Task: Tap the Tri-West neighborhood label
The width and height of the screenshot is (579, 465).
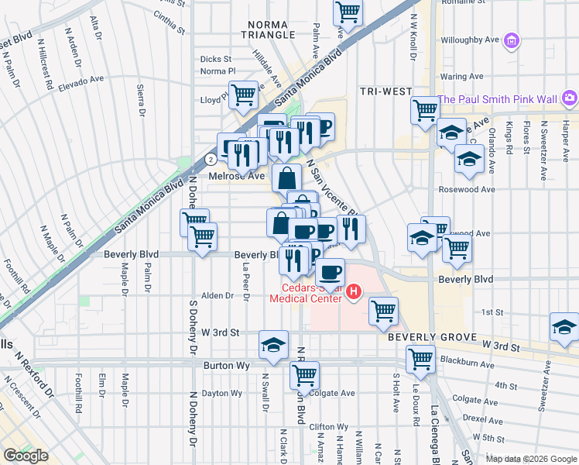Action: coord(385,91)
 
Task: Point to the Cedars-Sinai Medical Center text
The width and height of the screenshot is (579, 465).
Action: coord(306,291)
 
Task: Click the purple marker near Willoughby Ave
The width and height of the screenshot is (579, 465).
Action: coord(511,40)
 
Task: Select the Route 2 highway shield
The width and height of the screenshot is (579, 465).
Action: coord(211,159)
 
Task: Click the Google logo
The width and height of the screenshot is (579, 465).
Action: coord(26,456)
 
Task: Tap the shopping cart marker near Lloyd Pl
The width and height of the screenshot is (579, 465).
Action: coord(244,95)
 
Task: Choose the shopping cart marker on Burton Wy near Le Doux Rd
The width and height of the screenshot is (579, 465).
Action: coord(420,358)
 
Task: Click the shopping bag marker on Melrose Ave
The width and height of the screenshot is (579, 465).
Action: coord(286,177)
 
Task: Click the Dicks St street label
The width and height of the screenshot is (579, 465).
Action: coord(215,59)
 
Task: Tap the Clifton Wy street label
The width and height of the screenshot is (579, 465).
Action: coord(328,426)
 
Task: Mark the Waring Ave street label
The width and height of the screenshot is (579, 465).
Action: coord(457,77)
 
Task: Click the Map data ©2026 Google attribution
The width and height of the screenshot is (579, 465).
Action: coord(531,459)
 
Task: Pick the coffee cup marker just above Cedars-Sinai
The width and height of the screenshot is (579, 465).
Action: coord(331,272)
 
